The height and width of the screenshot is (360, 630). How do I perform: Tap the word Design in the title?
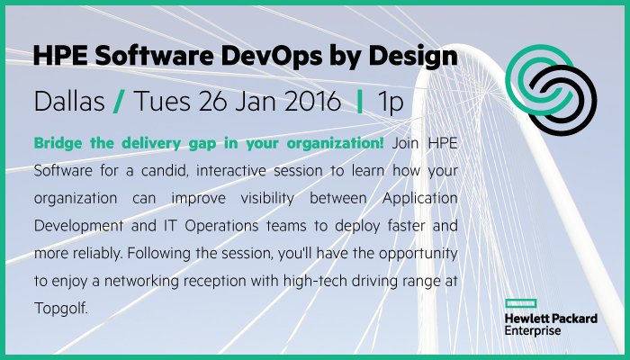[414, 58]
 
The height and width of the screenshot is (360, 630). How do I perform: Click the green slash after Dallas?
[119, 102]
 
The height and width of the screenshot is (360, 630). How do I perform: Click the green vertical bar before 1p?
[360, 102]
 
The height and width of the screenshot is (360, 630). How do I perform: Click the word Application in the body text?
[429, 199]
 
